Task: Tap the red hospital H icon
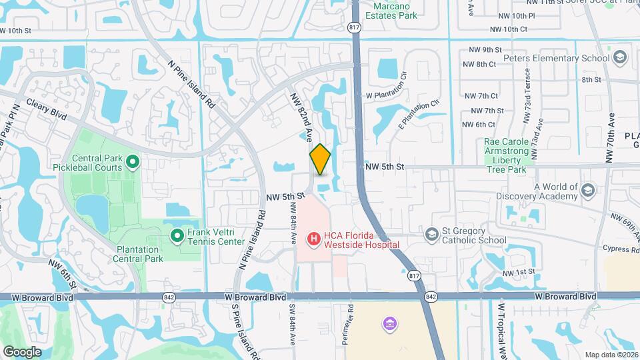(x=313, y=238)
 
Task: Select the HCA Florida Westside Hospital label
(x=361, y=240)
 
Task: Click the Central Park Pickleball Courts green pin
(x=132, y=161)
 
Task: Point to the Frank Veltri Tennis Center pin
(x=177, y=235)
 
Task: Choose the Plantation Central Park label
(x=139, y=254)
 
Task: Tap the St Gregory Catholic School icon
(x=432, y=233)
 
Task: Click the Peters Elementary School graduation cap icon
(x=620, y=58)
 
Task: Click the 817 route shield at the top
(x=354, y=27)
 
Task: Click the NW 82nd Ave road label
(x=301, y=117)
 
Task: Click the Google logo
(x=22, y=351)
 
